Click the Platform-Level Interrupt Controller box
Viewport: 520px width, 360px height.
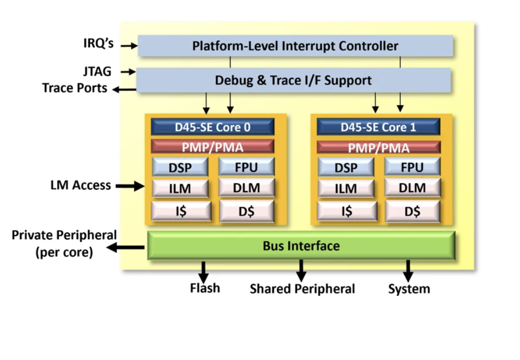295,46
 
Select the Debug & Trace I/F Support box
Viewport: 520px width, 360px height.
293,80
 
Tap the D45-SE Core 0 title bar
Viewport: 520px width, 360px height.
213,127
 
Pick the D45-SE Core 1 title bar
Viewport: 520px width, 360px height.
378,127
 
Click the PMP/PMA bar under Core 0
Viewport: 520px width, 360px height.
213,147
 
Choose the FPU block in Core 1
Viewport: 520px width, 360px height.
412,167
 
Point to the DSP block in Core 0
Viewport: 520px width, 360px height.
180,167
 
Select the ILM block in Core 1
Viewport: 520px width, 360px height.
346,188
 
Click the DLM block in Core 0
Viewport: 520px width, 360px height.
247,188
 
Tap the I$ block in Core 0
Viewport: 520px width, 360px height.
180,211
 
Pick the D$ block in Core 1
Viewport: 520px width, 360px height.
412,211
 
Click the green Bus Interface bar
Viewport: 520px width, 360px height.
301,246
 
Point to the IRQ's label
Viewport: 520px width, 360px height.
98,44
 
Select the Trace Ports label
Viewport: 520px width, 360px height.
74,88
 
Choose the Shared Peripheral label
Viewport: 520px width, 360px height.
302,289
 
